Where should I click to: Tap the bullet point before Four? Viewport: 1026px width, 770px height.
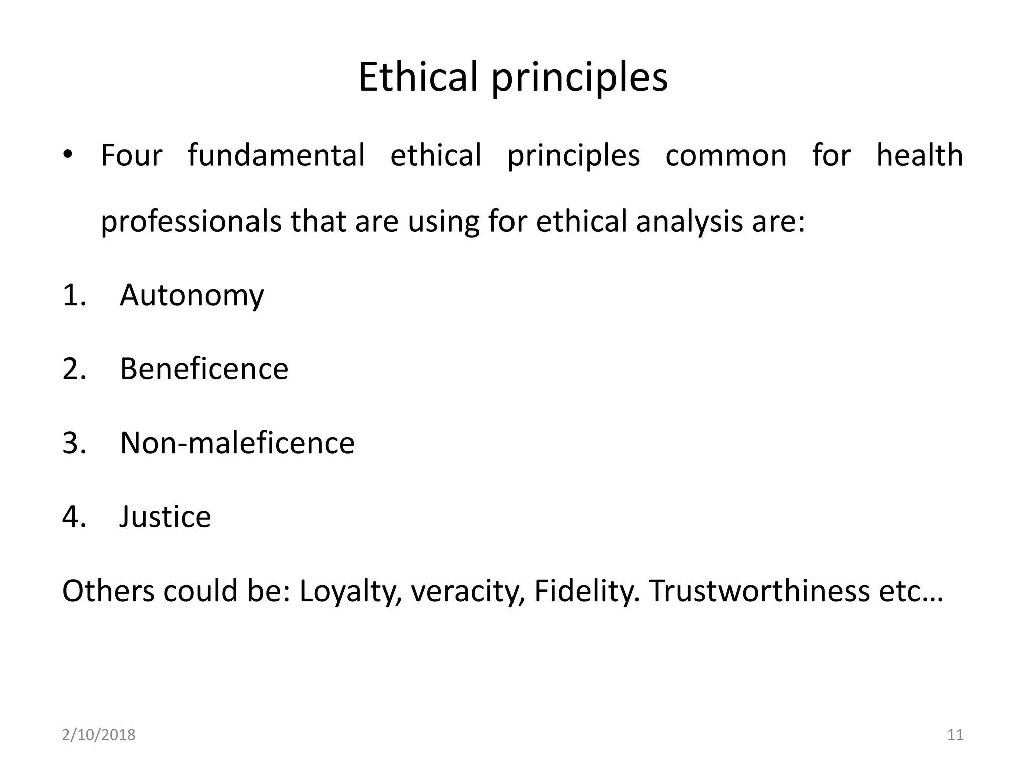(x=69, y=154)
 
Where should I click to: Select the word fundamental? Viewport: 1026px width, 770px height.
(x=276, y=155)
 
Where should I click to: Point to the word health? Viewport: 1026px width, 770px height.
(x=920, y=155)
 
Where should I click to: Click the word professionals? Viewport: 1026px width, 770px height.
(x=191, y=222)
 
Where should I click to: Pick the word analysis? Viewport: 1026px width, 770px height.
(x=689, y=222)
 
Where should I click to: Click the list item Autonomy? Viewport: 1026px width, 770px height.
(x=191, y=295)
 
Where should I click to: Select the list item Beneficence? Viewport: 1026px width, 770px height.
(x=204, y=369)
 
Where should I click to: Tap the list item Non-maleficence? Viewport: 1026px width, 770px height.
(x=237, y=443)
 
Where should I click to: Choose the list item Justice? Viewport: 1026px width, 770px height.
(x=165, y=517)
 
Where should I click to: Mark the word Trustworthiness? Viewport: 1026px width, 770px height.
(x=759, y=591)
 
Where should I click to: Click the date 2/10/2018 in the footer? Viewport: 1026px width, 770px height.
(x=99, y=735)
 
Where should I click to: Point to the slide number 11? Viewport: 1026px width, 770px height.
(x=955, y=735)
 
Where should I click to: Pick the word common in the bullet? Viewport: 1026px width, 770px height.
(x=726, y=155)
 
